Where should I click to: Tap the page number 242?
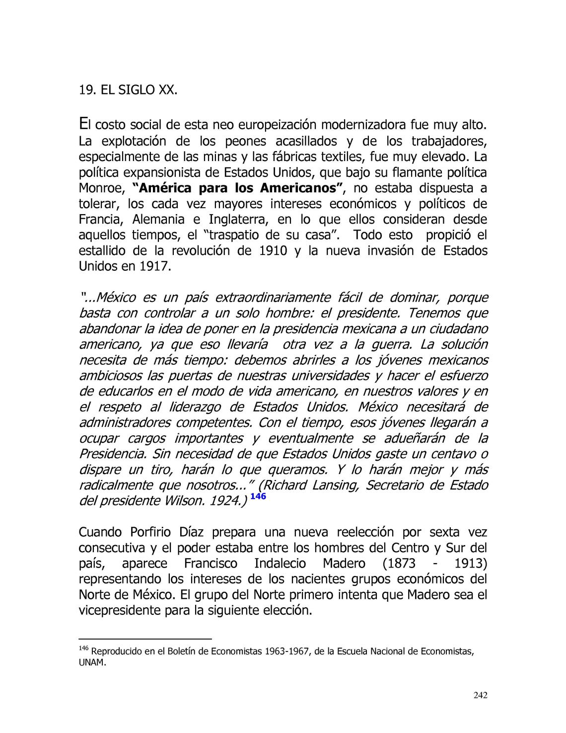(x=480, y=695)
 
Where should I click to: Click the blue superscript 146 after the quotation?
(x=258, y=496)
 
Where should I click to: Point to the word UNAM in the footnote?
(x=92, y=663)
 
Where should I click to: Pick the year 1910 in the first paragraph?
(x=273, y=251)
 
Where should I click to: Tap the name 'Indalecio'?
(x=280, y=564)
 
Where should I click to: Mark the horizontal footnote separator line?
(x=145, y=639)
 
